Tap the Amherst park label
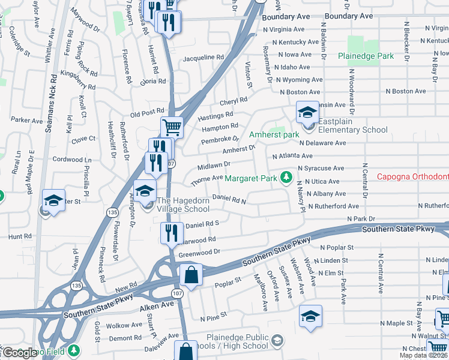tap(274, 135)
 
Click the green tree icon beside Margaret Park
tap(287, 178)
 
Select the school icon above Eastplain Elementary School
tap(306, 112)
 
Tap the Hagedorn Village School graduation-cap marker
tap(144, 191)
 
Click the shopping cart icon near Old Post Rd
tap(172, 127)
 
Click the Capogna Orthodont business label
tap(412, 176)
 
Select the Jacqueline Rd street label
tap(203, 58)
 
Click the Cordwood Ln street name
tap(72, 160)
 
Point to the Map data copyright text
tap(424, 355)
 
